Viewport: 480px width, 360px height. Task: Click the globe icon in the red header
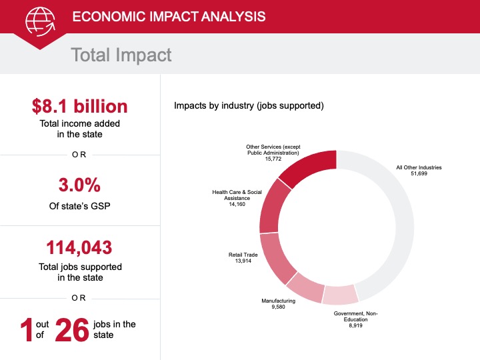[41, 21]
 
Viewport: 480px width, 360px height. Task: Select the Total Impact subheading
[121, 55]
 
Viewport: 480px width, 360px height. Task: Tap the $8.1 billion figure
[79, 106]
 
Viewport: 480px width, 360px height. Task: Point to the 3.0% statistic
[79, 185]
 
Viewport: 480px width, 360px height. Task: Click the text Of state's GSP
[79, 206]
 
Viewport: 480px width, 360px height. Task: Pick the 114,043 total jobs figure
[79, 247]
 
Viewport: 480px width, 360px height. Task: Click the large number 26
[72, 330]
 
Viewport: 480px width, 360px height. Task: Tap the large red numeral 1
[27, 330]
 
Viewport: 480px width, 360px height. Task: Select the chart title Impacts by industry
[249, 105]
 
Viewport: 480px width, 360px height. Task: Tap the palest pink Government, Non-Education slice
[340, 295]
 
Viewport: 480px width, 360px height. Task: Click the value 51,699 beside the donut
[419, 173]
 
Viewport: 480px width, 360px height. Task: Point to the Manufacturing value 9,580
[278, 307]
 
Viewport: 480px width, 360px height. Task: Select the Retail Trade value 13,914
[243, 261]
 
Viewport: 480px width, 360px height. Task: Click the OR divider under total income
[79, 155]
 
